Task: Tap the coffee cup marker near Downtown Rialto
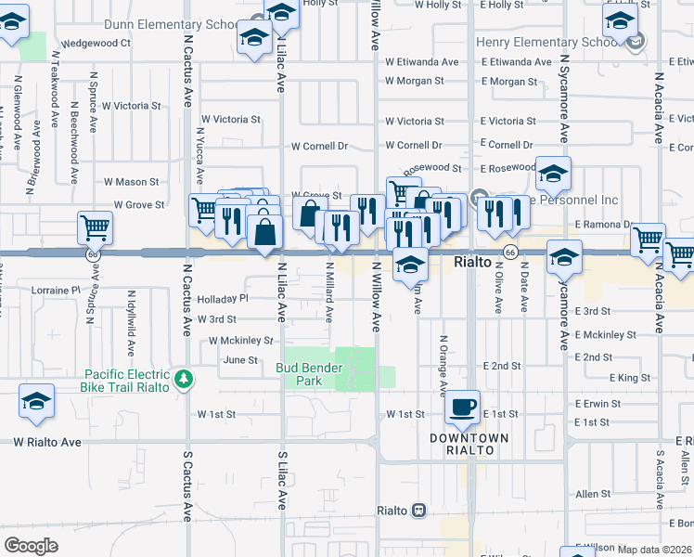click(462, 407)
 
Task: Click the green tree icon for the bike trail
click(185, 379)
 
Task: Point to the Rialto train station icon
click(419, 511)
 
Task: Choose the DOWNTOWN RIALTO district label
click(469, 444)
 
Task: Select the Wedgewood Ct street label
click(95, 43)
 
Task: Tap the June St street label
click(240, 360)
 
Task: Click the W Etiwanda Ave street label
click(422, 62)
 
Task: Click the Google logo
click(31, 546)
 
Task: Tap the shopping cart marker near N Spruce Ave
click(95, 227)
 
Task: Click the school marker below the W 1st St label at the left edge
click(36, 401)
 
